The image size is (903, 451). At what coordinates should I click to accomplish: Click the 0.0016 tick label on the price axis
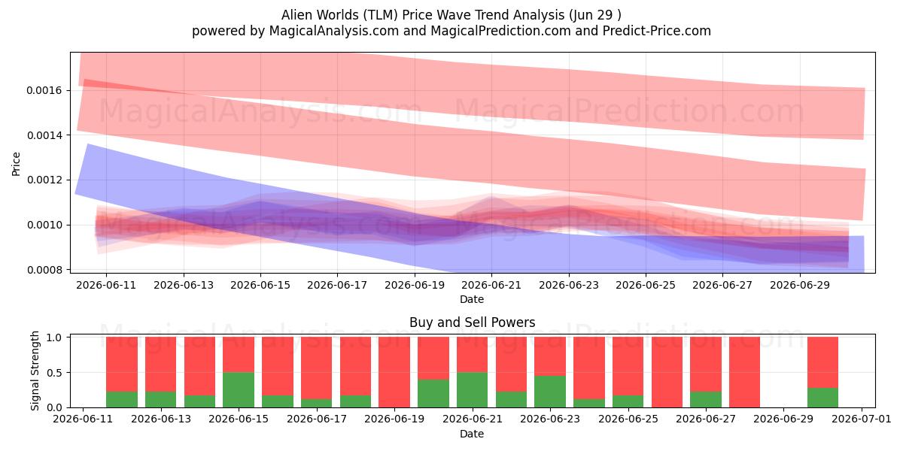point(44,91)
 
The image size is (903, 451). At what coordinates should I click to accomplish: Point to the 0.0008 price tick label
point(44,270)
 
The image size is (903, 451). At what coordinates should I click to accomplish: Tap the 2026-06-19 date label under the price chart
point(415,285)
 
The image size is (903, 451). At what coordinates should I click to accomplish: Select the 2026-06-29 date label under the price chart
point(800,285)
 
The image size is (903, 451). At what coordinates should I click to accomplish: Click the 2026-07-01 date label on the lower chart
point(862,419)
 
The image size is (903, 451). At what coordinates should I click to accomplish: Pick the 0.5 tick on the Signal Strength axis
point(54,373)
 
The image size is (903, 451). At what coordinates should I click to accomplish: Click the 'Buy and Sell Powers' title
point(472,322)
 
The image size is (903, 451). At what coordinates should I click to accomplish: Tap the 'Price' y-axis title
point(16,164)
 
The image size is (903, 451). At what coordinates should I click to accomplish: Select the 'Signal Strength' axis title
point(35,371)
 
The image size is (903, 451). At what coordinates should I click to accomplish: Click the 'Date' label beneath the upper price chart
point(472,300)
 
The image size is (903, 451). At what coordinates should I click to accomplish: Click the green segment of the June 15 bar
point(239,390)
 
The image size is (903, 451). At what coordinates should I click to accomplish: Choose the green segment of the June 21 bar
point(472,390)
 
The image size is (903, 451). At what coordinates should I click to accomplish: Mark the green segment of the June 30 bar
point(822,398)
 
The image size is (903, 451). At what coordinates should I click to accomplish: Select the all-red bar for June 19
point(394,372)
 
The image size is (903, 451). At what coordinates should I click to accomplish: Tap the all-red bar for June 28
point(744,372)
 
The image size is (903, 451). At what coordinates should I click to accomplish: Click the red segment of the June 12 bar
point(122,365)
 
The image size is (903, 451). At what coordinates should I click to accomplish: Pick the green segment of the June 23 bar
point(550,392)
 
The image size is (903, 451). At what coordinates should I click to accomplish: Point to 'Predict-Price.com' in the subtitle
point(657,31)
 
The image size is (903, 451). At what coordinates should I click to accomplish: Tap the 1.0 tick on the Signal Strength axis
point(54,337)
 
